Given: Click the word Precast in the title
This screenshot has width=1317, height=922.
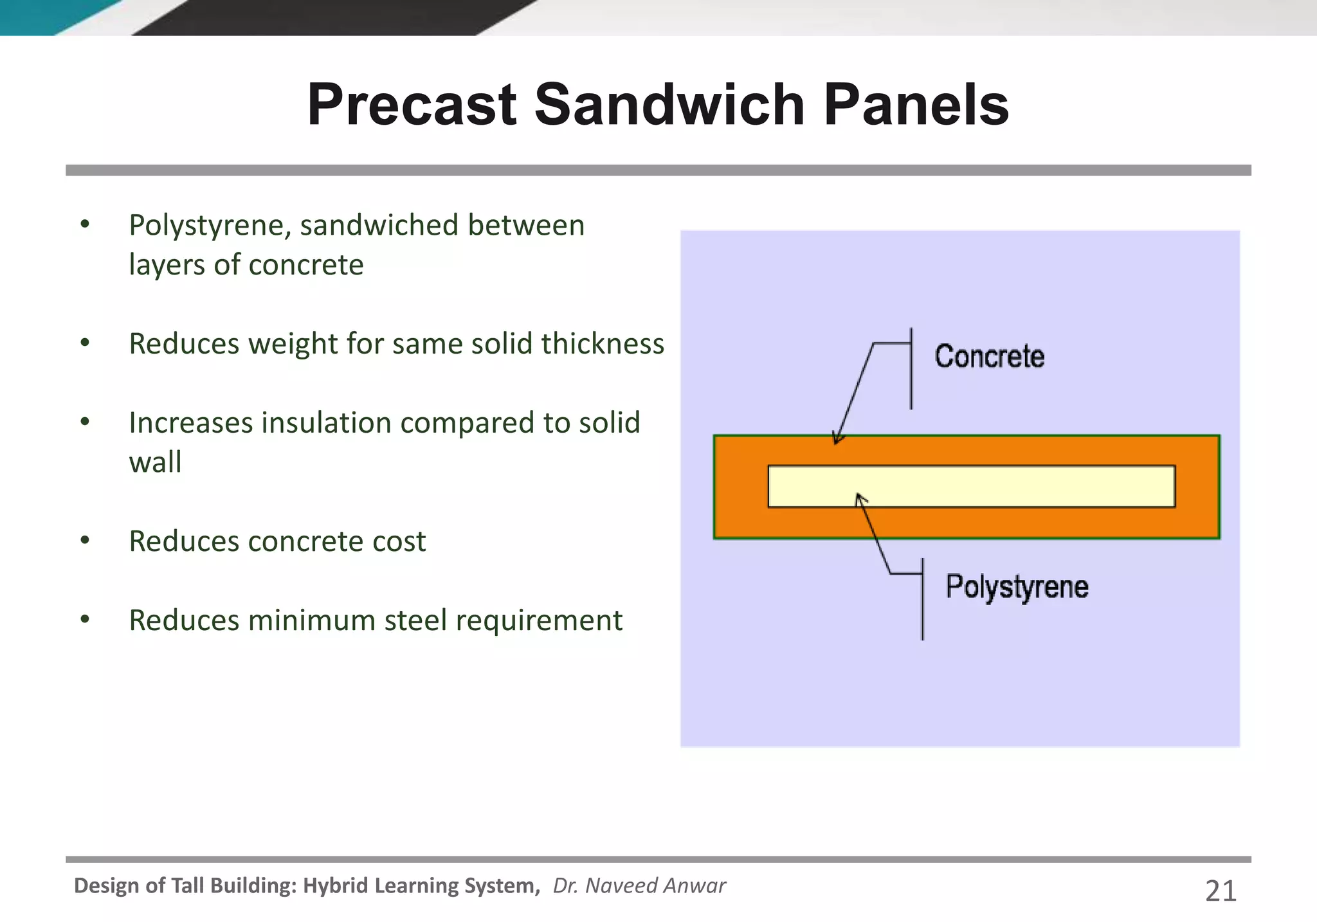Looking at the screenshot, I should [x=412, y=105].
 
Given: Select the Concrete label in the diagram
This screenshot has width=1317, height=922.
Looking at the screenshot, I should [x=989, y=357].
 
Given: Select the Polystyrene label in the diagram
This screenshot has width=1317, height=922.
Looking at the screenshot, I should [x=1017, y=587].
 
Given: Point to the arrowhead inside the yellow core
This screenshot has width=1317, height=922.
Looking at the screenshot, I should [x=860, y=498].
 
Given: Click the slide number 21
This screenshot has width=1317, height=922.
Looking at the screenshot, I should [x=1220, y=891].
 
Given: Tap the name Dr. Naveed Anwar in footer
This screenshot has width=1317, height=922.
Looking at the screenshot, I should [x=639, y=886].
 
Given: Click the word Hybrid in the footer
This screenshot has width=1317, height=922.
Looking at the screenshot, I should [x=335, y=886].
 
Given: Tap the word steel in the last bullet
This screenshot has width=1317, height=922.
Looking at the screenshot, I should [x=415, y=620].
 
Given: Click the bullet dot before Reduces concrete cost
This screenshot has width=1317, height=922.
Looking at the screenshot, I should [x=85, y=541].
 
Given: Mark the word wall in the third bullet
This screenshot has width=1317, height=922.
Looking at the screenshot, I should [x=155, y=462].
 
